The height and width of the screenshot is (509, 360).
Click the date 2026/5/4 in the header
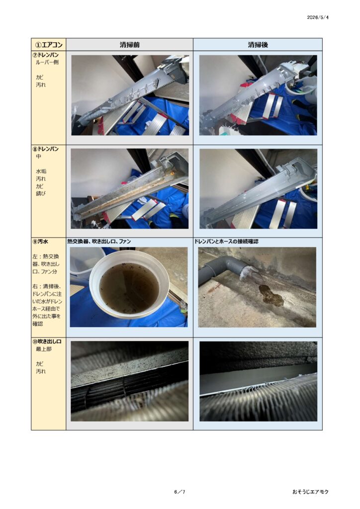[x=317, y=17]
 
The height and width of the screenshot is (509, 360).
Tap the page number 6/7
[x=180, y=492]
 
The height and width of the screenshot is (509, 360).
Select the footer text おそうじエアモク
[x=310, y=492]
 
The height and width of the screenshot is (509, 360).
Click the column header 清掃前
[x=129, y=44]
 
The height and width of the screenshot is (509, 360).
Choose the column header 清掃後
[x=258, y=44]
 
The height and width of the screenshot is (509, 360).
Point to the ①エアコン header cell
[x=48, y=44]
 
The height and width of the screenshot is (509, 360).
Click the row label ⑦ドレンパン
[x=46, y=55]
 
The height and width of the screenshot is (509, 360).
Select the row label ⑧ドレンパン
[x=46, y=149]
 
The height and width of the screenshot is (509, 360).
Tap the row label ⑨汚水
[x=41, y=242]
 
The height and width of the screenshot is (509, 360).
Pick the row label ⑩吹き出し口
[x=47, y=341]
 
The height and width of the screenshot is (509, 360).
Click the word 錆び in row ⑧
[x=41, y=193]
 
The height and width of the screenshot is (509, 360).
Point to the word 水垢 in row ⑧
[x=41, y=171]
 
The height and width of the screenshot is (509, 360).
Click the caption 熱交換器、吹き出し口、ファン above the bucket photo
[x=99, y=242]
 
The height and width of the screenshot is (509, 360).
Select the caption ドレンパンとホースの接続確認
[x=227, y=242]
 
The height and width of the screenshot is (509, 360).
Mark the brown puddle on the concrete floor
[x=270, y=294]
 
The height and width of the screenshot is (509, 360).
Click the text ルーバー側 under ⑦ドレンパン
[x=47, y=62]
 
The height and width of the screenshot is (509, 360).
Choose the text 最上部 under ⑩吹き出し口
[x=43, y=349]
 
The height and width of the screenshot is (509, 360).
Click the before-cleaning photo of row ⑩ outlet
[x=129, y=381]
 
